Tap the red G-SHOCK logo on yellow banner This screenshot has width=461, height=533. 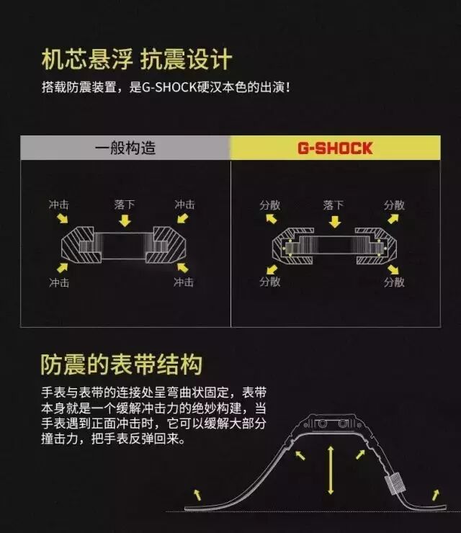334,149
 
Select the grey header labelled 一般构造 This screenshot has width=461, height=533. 125,149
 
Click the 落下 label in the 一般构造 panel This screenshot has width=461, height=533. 125,205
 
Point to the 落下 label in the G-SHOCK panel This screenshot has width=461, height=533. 334,205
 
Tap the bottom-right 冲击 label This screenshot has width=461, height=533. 184,282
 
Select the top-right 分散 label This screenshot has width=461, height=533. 395,205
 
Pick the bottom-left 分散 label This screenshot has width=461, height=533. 270,281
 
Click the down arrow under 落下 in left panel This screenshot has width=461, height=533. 125,220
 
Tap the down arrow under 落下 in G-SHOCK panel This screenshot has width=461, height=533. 334,220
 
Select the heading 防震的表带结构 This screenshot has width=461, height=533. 121,364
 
